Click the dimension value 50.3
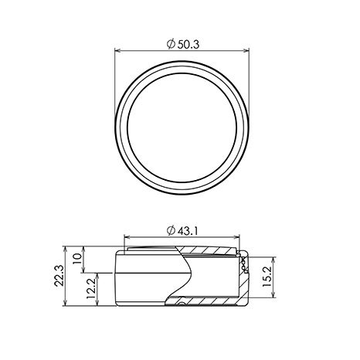[188, 45]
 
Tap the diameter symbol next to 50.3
[171, 44]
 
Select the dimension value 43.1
[187, 231]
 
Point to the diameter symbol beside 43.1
[171, 230]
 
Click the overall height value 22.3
[59, 276]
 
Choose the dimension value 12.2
[91, 288]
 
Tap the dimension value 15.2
[267, 277]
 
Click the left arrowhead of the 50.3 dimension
[117, 51]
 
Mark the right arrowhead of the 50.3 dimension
[246, 51]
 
